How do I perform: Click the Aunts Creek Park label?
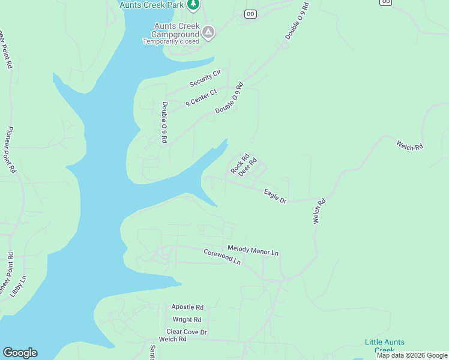pyautogui.click(x=152, y=5)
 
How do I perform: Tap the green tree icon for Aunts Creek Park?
pyautogui.click(x=193, y=5)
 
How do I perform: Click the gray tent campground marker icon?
pyautogui.click(x=208, y=32)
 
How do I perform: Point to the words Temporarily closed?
pyautogui.click(x=170, y=42)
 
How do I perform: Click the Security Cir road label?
pyautogui.click(x=205, y=77)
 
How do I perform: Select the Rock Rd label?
pyautogui.click(x=240, y=163)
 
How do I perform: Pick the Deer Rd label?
pyautogui.click(x=247, y=167)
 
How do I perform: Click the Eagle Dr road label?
pyautogui.click(x=275, y=196)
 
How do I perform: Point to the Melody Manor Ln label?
pyautogui.click(x=253, y=251)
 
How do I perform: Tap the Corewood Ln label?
pyautogui.click(x=221, y=257)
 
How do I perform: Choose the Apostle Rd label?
pyautogui.click(x=187, y=307)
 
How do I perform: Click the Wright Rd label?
pyautogui.click(x=187, y=320)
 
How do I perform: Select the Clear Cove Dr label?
pyautogui.click(x=186, y=332)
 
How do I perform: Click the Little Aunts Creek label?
pyautogui.click(x=385, y=346)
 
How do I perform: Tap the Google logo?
pyautogui.click(x=20, y=353)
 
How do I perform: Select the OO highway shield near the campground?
pyautogui.click(x=250, y=14)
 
